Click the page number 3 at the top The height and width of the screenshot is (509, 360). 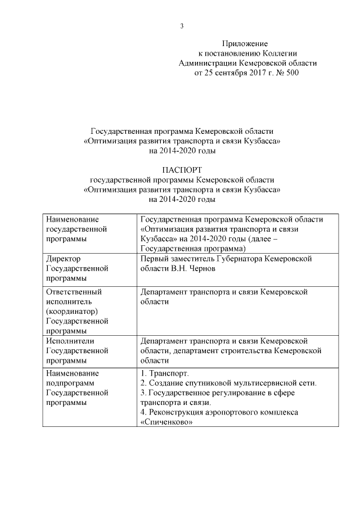(182, 26)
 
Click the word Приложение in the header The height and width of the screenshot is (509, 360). (245, 43)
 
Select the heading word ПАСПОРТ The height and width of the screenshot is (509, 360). (182, 170)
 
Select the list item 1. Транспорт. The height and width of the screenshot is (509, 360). (164, 373)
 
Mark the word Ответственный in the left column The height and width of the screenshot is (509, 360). (73, 292)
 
